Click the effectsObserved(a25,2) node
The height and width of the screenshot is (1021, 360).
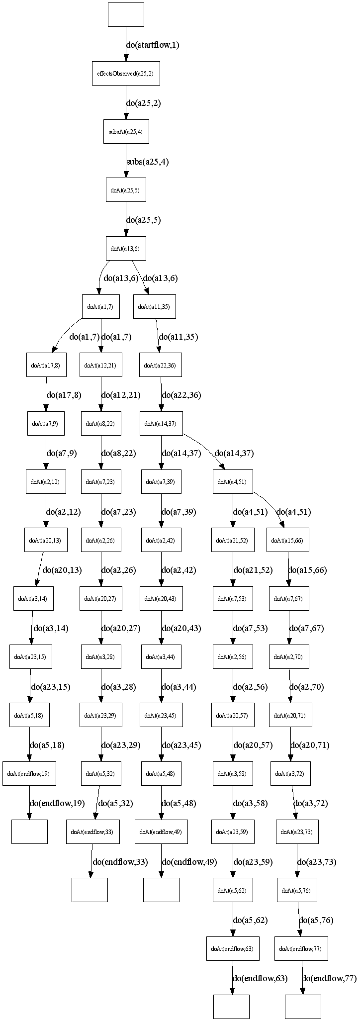[x=125, y=73]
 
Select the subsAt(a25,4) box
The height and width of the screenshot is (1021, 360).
[x=125, y=132]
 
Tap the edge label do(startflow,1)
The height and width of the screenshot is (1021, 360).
[x=152, y=45]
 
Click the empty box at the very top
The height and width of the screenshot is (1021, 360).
[x=126, y=14]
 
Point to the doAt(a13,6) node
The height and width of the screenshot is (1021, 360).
[x=125, y=248]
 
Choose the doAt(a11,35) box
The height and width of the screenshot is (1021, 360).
[x=154, y=307]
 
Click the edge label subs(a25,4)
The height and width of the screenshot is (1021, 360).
[x=147, y=162]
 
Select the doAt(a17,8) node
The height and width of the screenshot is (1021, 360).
[x=46, y=366]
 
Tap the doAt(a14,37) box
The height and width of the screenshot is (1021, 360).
[x=161, y=424]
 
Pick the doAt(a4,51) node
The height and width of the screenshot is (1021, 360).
[x=233, y=482]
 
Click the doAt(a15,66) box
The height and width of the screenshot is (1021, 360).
[x=288, y=540]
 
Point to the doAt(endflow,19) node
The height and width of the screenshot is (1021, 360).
[x=29, y=774]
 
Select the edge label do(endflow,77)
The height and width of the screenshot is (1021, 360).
[x=329, y=979]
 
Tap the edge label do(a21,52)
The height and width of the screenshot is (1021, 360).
[x=253, y=570]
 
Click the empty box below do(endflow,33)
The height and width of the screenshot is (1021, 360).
[x=90, y=890]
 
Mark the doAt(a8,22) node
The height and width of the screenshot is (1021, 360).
[x=100, y=424]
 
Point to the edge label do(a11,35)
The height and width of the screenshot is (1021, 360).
[x=178, y=337]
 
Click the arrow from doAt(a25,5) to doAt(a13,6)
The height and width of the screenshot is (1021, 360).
[x=126, y=219]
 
